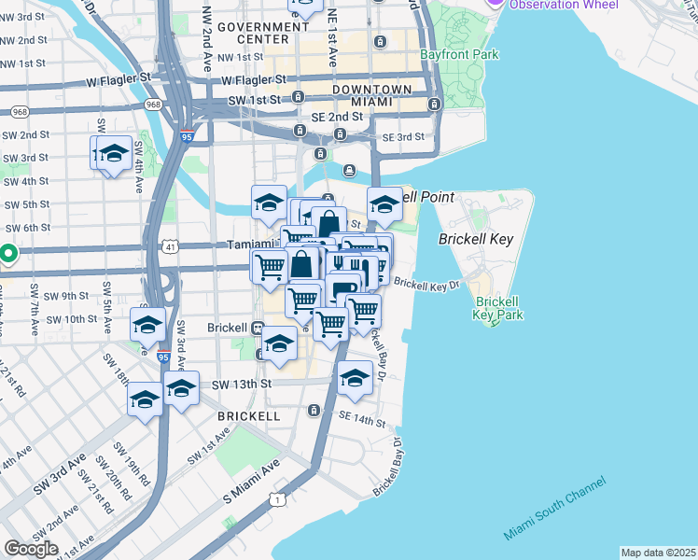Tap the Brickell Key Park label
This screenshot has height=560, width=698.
[x=496, y=308]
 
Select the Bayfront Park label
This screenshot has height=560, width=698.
[x=458, y=55]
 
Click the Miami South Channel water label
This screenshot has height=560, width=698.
[x=554, y=509]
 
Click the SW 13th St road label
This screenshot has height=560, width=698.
[x=241, y=384]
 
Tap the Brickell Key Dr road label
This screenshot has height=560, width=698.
[x=427, y=283]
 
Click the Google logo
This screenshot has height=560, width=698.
[x=32, y=548]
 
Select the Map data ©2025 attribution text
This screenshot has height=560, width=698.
[x=657, y=553]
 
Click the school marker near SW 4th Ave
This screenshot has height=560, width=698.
[x=113, y=152]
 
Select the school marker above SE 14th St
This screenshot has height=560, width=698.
[x=354, y=377]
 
